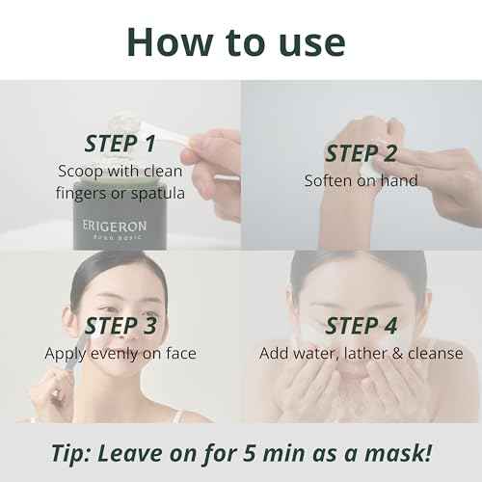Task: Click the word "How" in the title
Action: [x=170, y=42]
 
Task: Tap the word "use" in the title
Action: [x=312, y=44]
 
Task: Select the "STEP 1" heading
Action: [x=120, y=144]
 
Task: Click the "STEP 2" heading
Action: [x=361, y=153]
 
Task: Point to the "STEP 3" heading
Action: [x=120, y=326]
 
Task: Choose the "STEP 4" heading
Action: [x=361, y=326]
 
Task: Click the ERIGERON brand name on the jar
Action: [x=115, y=227]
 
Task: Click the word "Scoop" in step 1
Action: [x=80, y=171]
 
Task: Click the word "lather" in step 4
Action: [x=365, y=353]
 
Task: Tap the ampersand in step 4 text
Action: [x=397, y=354]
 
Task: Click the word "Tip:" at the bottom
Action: [x=71, y=453]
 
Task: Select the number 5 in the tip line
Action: [x=250, y=453]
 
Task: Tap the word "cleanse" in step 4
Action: [x=436, y=354]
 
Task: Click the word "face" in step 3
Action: [x=181, y=354]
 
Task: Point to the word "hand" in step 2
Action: [x=399, y=180]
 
